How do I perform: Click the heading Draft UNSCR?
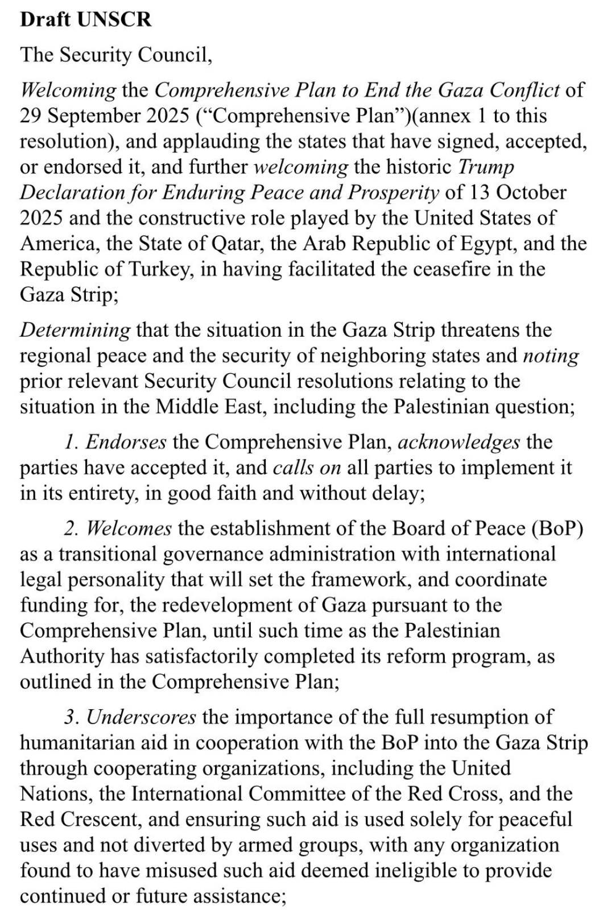click(x=86, y=19)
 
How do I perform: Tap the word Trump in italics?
click(x=486, y=167)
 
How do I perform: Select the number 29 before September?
click(x=31, y=115)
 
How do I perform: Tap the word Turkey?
click(x=163, y=269)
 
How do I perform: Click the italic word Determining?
click(x=75, y=330)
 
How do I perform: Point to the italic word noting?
click(x=551, y=355)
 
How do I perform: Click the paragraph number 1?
click(x=71, y=442)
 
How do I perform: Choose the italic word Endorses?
click(x=126, y=442)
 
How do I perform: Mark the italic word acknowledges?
click(x=459, y=442)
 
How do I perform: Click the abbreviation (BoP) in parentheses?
click(x=557, y=528)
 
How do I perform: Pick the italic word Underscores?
click(x=141, y=717)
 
